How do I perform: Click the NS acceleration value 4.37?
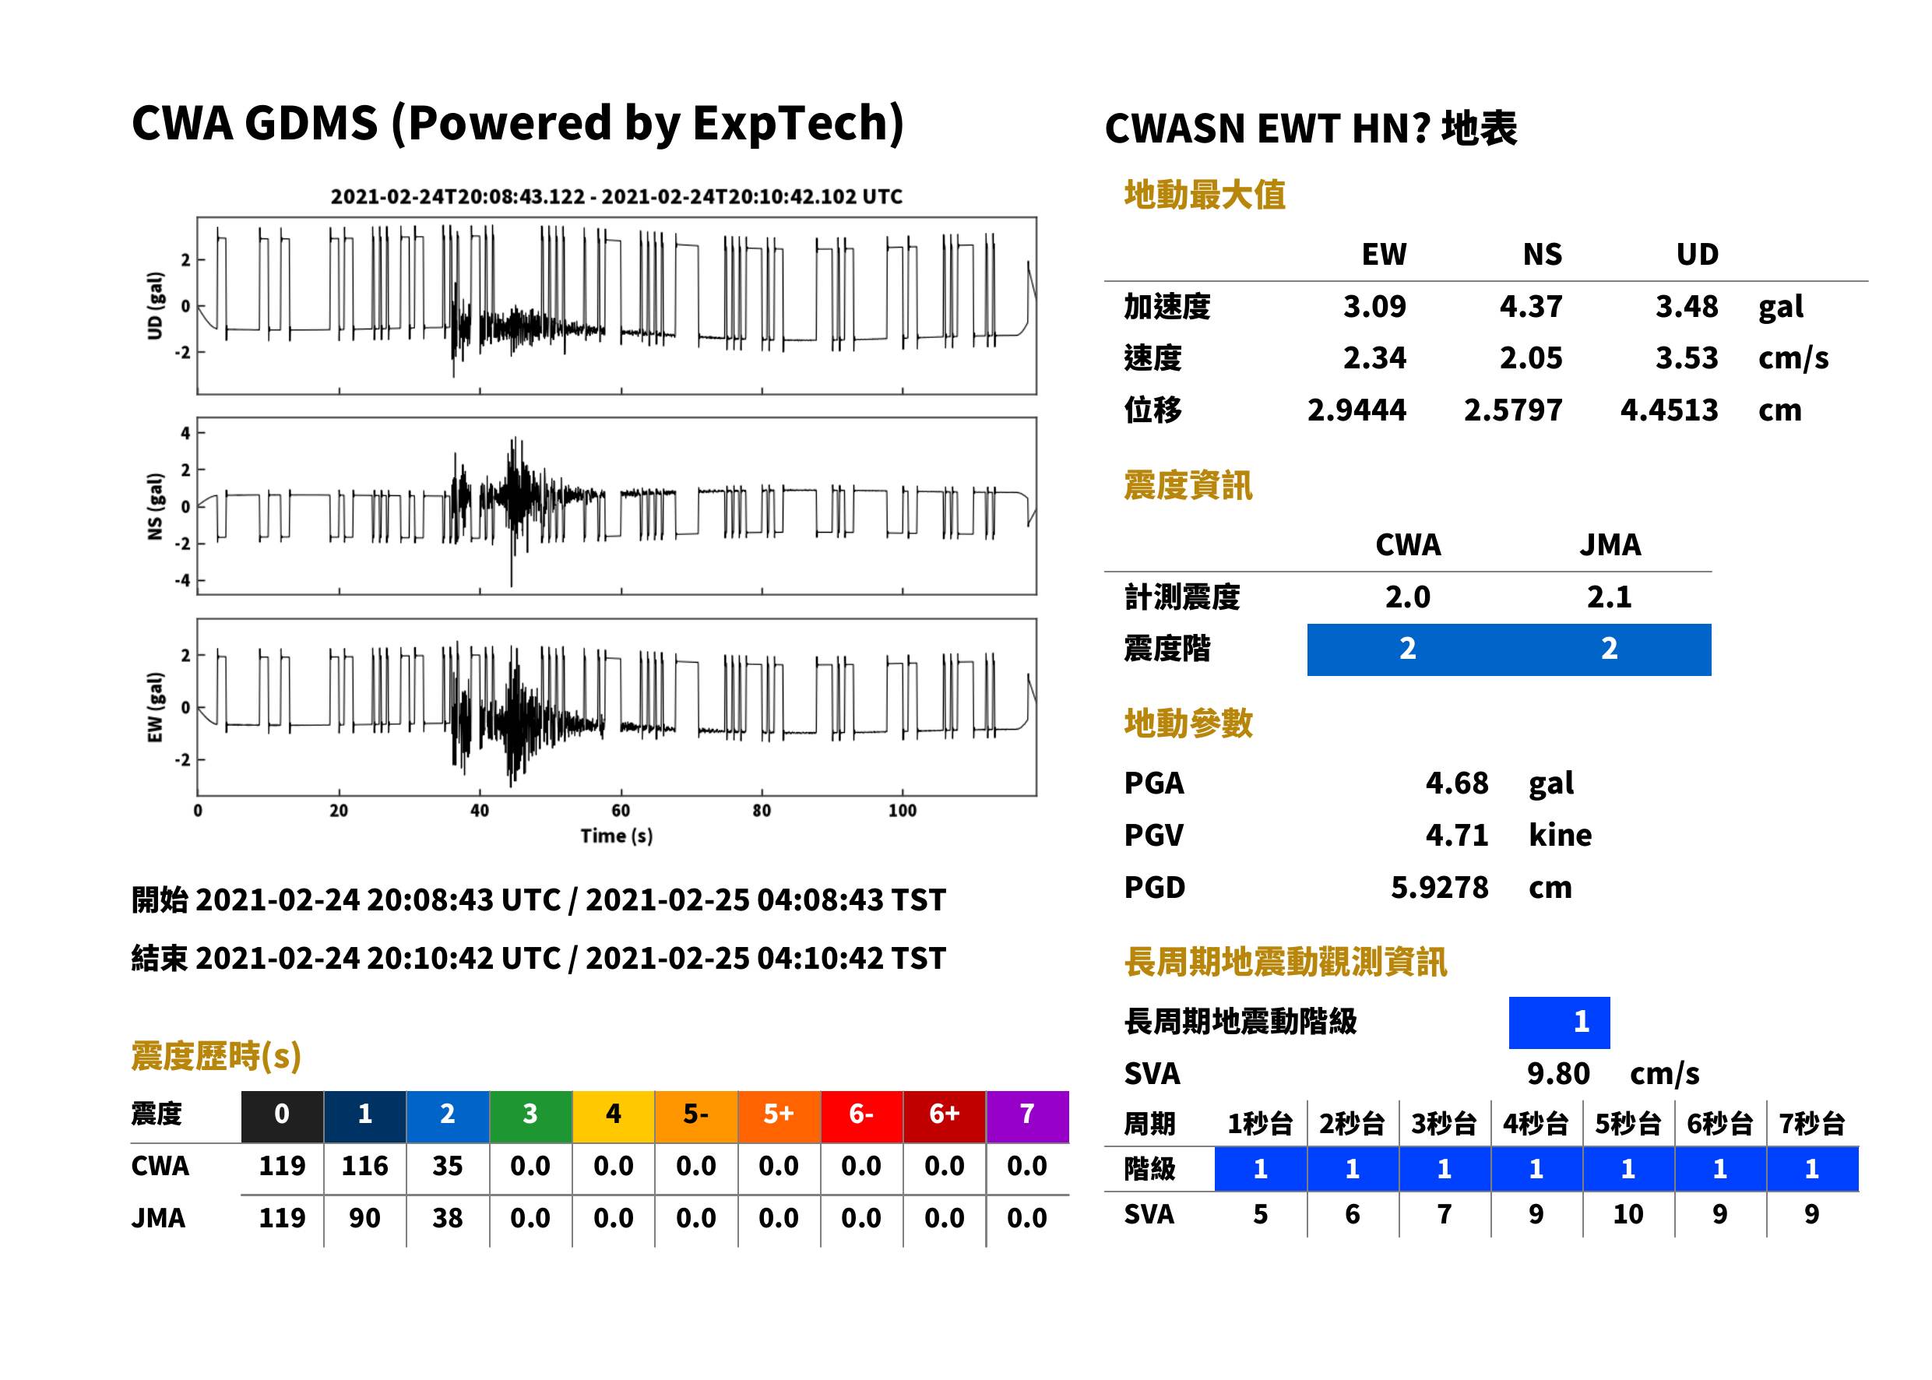tap(1530, 306)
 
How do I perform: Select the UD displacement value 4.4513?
tap(1669, 410)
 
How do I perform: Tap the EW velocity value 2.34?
tap(1374, 357)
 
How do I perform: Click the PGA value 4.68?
tap(1456, 783)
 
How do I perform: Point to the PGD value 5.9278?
tap(1439, 887)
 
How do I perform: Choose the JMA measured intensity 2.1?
tap(1609, 597)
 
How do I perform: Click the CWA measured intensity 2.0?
tap(1407, 597)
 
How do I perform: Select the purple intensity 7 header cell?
tap(1027, 1114)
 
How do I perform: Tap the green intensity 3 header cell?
tap(530, 1114)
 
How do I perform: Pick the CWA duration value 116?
tap(364, 1166)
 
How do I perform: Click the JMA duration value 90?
tap(364, 1218)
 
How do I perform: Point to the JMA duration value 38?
tap(447, 1218)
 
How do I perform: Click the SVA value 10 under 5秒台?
tap(1628, 1214)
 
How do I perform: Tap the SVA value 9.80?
tap(1557, 1073)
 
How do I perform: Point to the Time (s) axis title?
tap(617, 836)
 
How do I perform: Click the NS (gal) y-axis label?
tap(155, 506)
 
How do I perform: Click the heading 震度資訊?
tap(1188, 486)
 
